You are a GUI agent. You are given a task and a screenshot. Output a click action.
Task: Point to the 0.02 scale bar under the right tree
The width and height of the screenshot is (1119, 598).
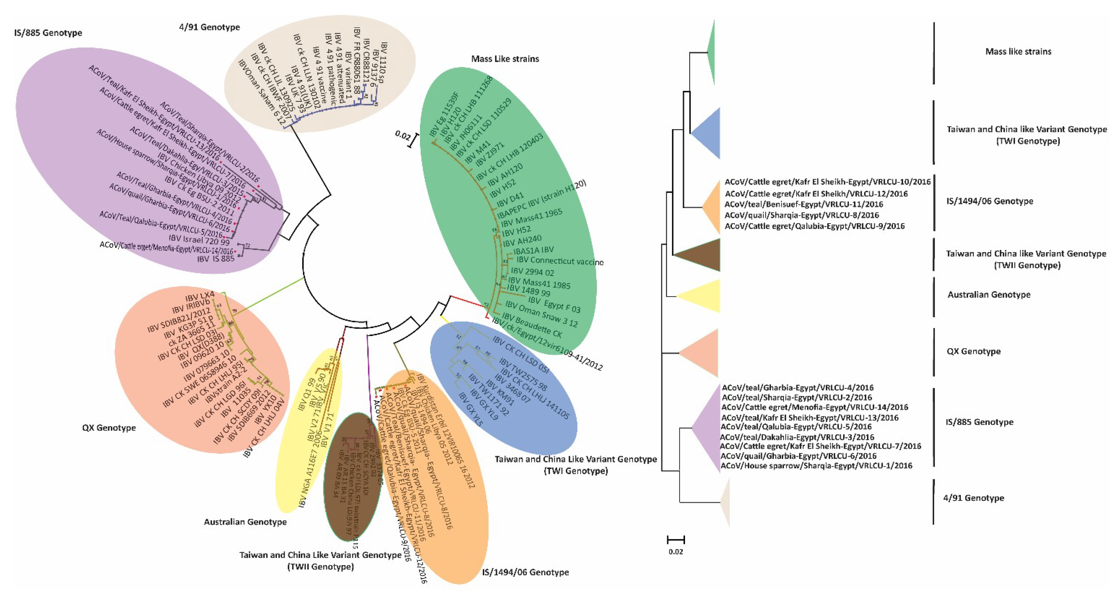coord(675,540)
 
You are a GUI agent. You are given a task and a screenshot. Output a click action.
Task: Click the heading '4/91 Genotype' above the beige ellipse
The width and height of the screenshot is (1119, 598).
coord(209,27)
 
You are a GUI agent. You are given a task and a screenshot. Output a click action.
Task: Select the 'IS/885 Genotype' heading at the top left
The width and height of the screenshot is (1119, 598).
coord(48,33)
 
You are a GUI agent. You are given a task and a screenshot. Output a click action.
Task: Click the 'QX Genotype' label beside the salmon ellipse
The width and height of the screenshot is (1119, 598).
coord(109,428)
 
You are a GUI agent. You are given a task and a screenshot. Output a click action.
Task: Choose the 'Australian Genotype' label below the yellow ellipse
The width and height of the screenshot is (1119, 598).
coord(245,522)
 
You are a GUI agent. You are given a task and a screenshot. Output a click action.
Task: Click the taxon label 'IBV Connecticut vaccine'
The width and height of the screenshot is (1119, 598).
coord(559,261)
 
